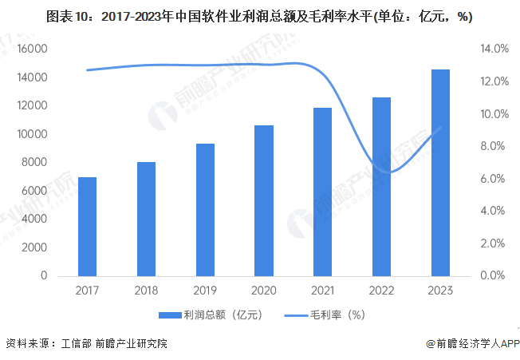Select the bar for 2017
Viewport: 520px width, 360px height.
point(88,227)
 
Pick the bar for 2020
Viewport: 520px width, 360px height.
point(264,200)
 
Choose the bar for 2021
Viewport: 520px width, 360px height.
point(322,192)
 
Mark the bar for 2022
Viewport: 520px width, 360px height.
point(381,187)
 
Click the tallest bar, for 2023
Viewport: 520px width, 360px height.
point(440,172)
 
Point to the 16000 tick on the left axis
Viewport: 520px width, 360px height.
point(32,49)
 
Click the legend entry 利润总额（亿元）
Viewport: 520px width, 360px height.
point(209,315)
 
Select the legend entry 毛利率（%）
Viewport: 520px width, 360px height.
point(327,315)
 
